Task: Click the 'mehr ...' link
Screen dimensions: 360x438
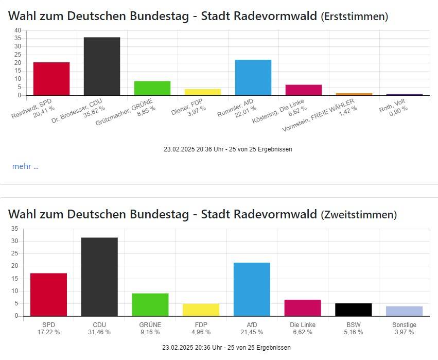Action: [x=25, y=166]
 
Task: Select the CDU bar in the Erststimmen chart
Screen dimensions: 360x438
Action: [x=102, y=66]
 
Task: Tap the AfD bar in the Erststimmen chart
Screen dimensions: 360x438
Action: [x=253, y=77]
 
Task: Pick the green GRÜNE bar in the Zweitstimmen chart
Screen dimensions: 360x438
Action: [x=150, y=304]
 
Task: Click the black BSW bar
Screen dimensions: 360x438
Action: [x=353, y=310]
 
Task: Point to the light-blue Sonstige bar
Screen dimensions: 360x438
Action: [x=404, y=311]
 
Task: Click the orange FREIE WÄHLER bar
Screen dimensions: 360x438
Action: [x=354, y=94]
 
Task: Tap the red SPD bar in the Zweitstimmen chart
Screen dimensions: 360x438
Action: [x=49, y=294]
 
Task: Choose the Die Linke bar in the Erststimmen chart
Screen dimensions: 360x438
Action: [x=304, y=90]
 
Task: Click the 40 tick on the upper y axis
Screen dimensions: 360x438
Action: [x=17, y=30]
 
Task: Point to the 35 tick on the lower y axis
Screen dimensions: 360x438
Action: [x=14, y=229]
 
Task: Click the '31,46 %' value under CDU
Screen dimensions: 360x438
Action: [x=100, y=332]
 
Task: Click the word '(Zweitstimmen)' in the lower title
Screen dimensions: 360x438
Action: [x=359, y=215]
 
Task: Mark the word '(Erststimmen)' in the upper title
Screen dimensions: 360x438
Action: [x=354, y=17]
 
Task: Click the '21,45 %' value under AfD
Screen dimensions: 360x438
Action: [x=252, y=332]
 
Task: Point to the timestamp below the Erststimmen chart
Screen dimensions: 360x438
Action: [x=227, y=149]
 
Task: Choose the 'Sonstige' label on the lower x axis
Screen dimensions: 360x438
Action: [x=404, y=325]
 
